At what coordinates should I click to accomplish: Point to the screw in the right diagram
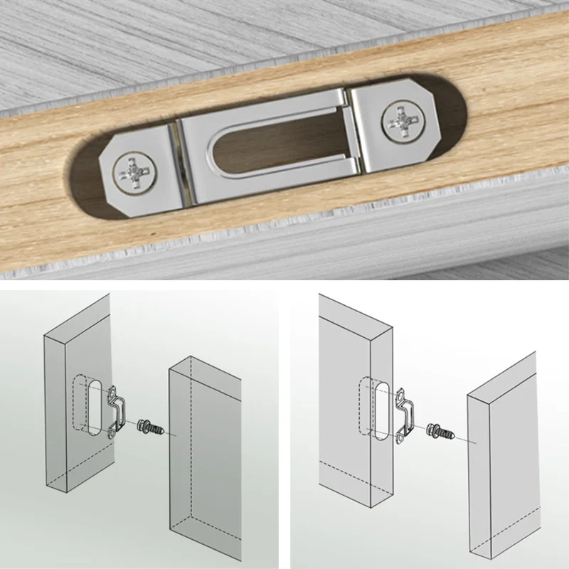click(442, 431)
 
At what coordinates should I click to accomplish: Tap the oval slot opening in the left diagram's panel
click(93, 407)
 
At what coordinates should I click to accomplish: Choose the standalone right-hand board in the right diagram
click(501, 469)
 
